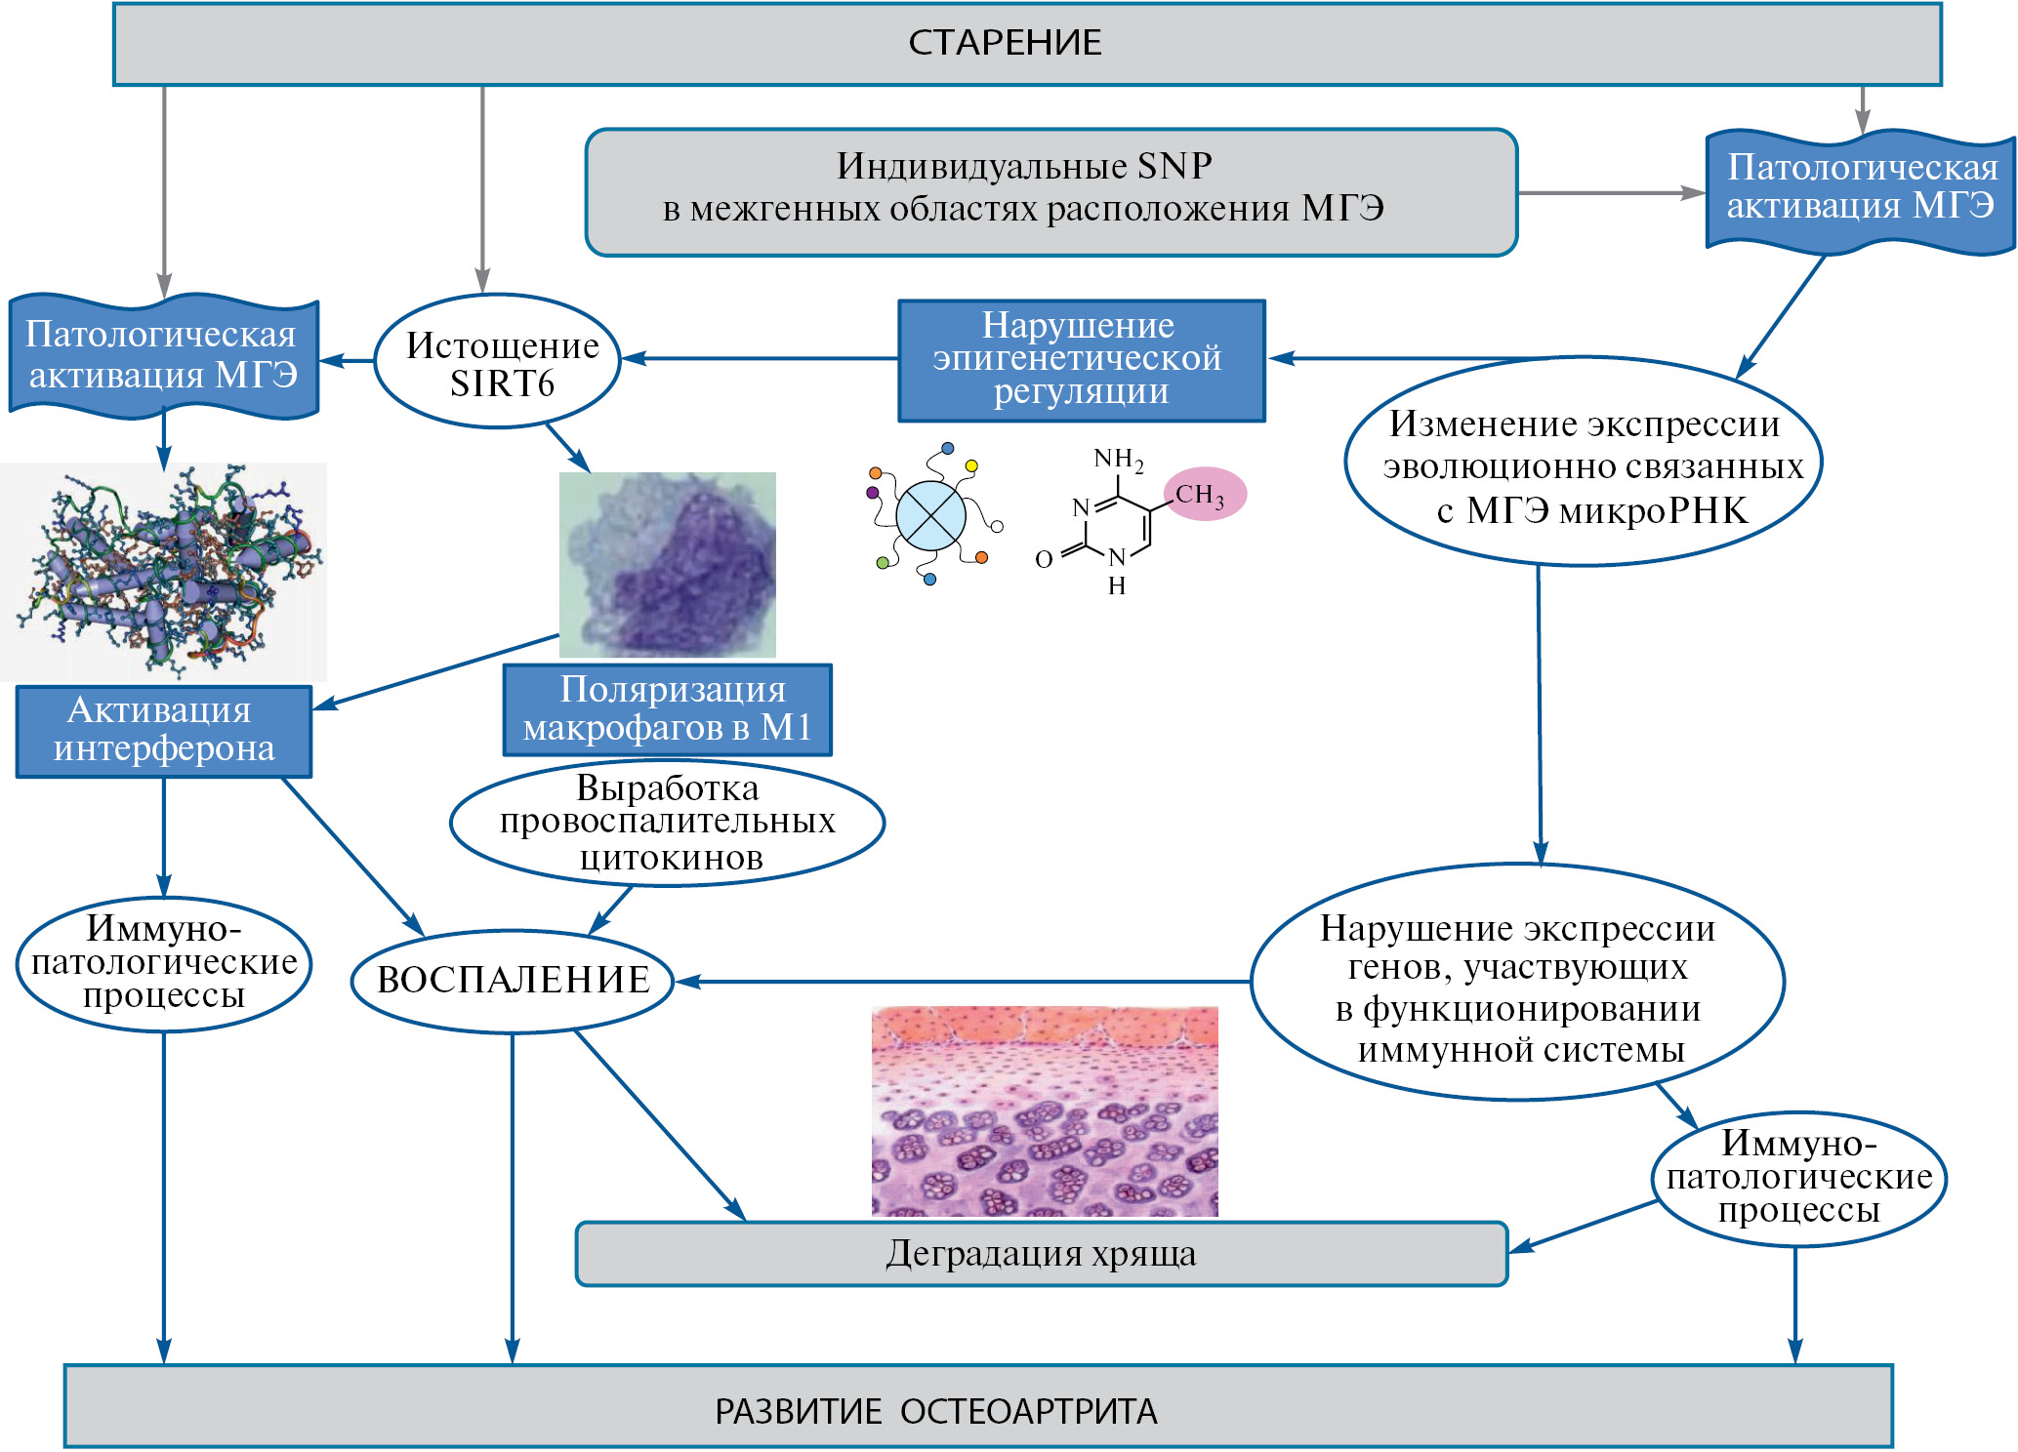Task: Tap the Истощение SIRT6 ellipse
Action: (498, 362)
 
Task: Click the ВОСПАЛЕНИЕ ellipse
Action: (513, 981)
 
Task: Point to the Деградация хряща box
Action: (1042, 1254)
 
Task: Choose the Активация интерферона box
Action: (164, 731)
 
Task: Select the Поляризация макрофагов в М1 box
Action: (668, 709)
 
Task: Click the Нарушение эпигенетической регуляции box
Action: (1081, 360)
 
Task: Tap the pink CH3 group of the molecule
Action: (1204, 494)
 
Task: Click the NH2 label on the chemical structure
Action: (1117, 458)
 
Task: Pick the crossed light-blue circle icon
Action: (930, 515)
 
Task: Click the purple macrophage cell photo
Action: (668, 564)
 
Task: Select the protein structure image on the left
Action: (164, 571)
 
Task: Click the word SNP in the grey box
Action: (1174, 166)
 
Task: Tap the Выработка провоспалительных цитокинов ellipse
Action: (668, 823)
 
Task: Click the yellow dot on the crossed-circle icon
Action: (971, 466)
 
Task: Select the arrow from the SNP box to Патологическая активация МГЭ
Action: (1611, 193)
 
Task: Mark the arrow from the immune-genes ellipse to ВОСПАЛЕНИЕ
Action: (962, 982)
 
